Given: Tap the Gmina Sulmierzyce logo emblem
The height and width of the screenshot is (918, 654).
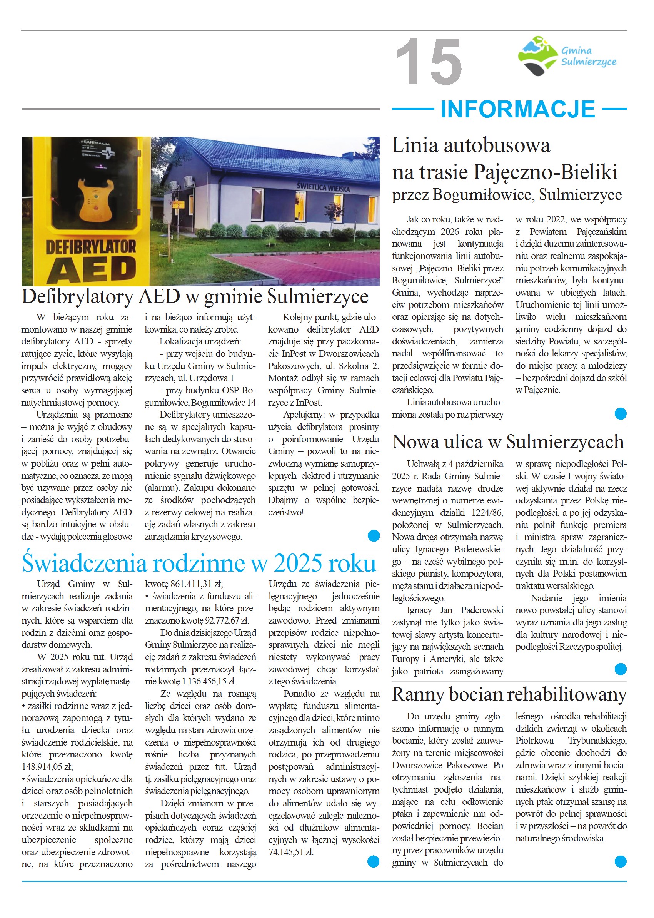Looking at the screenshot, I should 539,55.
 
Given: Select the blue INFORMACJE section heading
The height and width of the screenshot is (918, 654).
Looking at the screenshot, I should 517,109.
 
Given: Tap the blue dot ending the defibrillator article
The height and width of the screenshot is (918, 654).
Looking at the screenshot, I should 374,535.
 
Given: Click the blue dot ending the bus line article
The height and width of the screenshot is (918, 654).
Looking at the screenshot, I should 621,413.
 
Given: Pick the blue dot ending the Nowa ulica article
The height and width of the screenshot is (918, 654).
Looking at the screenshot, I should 621,669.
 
